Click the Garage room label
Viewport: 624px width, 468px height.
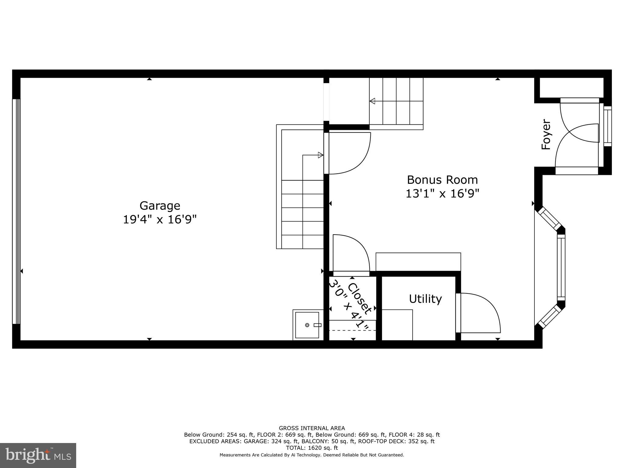coord(160,206)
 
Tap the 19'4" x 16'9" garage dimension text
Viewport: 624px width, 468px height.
coord(160,219)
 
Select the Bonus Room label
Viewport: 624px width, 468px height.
coord(442,180)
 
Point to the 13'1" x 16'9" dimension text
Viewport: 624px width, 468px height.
coord(442,194)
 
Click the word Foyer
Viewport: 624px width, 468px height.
coord(546,134)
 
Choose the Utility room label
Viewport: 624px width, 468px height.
coord(425,299)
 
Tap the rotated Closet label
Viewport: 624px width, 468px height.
coord(360,299)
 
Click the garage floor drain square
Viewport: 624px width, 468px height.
coord(307,325)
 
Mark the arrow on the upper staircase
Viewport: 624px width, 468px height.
coord(372,101)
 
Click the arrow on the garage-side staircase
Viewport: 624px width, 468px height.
coord(320,155)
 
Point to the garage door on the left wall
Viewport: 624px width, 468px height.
coord(16,211)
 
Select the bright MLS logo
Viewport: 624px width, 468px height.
coord(38,455)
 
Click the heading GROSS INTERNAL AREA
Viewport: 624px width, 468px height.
coord(312,428)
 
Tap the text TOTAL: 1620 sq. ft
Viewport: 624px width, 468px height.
coord(312,448)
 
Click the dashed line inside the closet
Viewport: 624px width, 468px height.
coord(353,330)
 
